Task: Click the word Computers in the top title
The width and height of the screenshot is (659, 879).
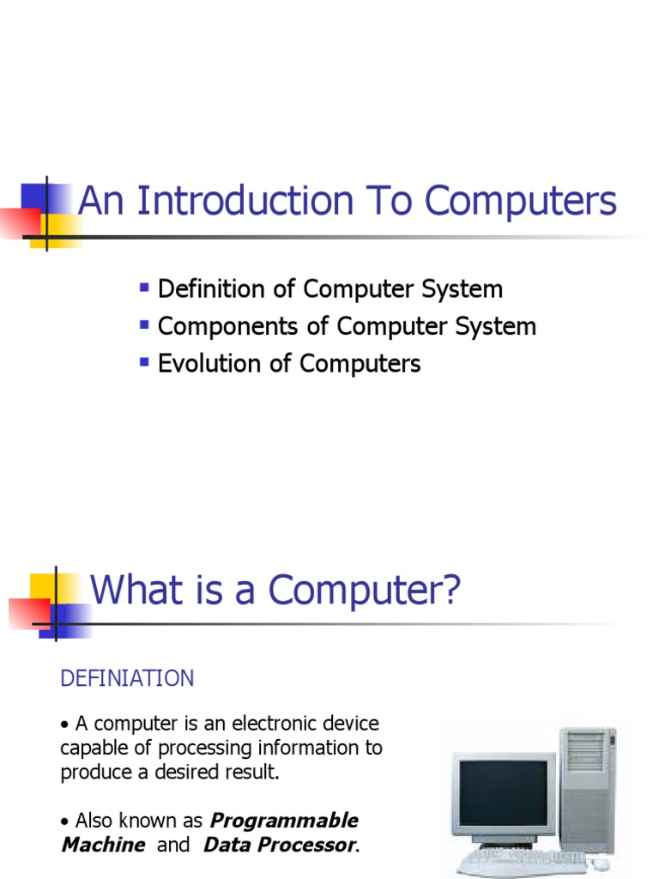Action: tap(521, 202)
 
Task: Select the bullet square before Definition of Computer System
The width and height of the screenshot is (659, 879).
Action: tap(144, 284)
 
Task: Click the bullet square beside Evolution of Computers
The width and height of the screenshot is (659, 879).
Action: tap(144, 359)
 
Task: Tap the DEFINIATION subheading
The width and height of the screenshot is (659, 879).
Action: tap(127, 679)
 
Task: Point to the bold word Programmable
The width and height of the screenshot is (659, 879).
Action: tap(284, 821)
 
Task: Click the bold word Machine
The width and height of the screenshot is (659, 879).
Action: tap(103, 845)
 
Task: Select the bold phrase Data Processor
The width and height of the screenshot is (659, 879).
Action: tap(278, 845)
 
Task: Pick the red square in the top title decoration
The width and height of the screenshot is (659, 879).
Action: tap(19, 221)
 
